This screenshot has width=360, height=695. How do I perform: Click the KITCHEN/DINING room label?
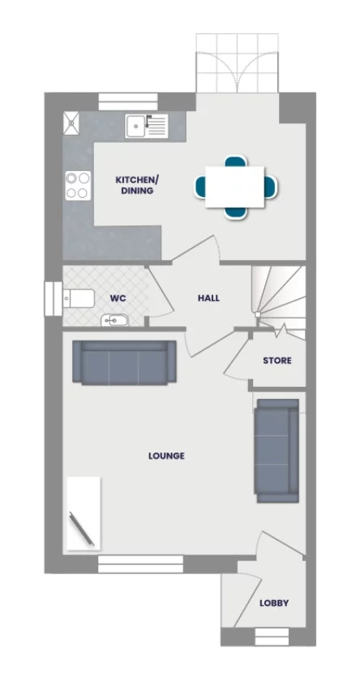(135, 185)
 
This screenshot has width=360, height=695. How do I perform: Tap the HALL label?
(208, 298)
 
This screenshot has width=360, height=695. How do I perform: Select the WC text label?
(118, 298)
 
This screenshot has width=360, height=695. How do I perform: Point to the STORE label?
(276, 360)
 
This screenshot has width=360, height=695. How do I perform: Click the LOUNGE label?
(166, 456)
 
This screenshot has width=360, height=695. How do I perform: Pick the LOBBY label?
(273, 603)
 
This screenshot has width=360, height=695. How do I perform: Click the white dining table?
(235, 186)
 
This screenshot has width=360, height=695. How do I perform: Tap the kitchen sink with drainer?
(146, 126)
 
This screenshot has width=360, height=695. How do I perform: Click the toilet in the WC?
(78, 297)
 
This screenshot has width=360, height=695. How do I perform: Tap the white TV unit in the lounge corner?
(84, 513)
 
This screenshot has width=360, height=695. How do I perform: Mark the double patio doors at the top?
(237, 65)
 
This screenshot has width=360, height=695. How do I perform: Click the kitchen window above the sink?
(128, 101)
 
